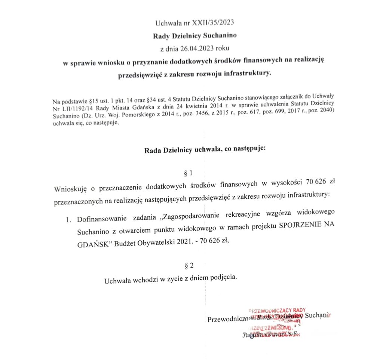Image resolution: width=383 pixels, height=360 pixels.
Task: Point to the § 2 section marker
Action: [x=190, y=266]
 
